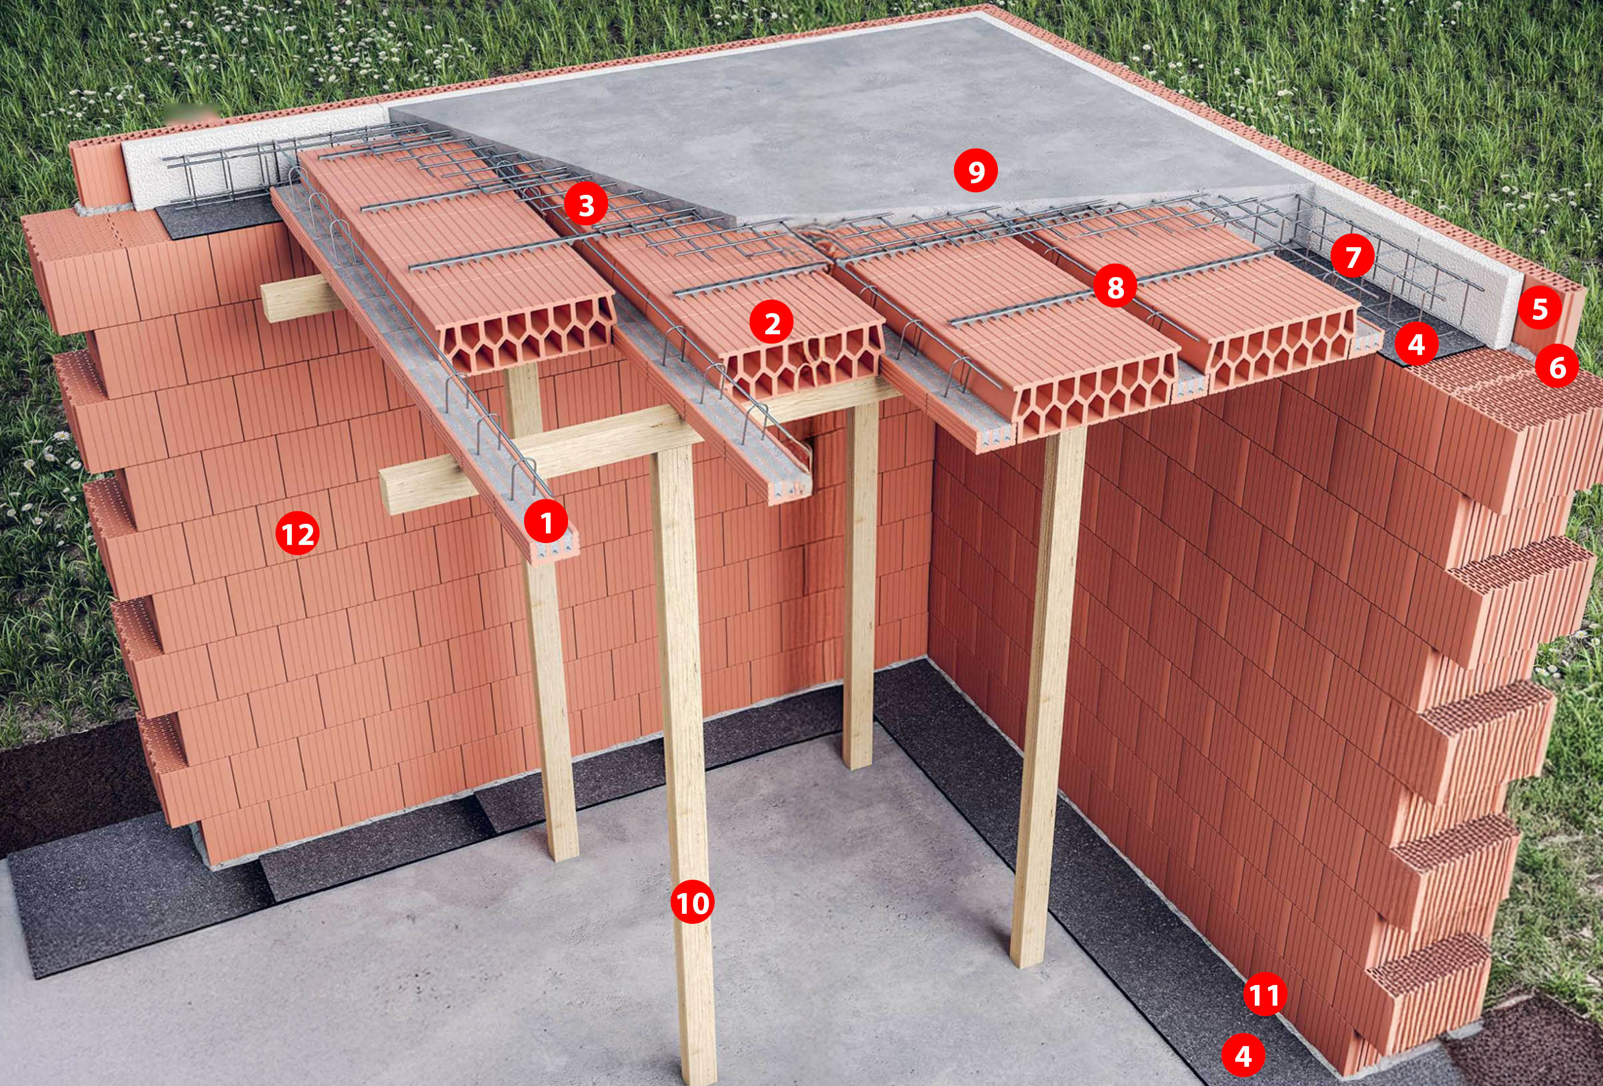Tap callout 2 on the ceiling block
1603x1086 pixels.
[x=772, y=323]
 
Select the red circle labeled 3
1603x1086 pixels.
[x=586, y=205]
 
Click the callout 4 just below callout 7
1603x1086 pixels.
[x=1416, y=343]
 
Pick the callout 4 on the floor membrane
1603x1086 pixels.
[x=1243, y=1056]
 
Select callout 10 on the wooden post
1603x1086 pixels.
[x=693, y=902]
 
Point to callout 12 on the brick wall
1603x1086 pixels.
[x=297, y=533]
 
